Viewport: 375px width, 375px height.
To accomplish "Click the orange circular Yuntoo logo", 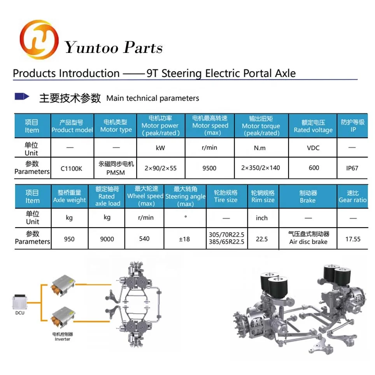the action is [x=39, y=40].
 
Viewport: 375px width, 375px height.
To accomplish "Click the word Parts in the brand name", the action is [x=143, y=47].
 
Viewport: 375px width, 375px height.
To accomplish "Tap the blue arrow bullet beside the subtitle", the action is [x=22, y=96].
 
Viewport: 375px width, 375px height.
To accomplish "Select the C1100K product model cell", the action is [x=71, y=168].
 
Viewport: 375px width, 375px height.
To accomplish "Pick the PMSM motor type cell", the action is [x=116, y=168].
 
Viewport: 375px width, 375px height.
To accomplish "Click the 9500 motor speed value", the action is [x=209, y=168].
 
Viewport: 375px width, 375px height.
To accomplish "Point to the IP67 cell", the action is [x=352, y=168].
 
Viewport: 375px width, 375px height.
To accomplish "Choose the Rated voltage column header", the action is [x=313, y=126].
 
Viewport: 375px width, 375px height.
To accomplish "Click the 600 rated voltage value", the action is [x=314, y=168].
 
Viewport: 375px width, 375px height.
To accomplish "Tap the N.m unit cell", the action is [x=260, y=148].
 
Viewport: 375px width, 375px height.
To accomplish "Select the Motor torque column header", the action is [x=261, y=126].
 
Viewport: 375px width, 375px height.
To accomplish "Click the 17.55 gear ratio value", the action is [x=353, y=239].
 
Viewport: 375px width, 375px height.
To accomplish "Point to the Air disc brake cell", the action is [x=308, y=238].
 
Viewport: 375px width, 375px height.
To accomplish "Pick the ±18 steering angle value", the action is [x=184, y=239].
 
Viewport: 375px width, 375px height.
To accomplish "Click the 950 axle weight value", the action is [x=69, y=239].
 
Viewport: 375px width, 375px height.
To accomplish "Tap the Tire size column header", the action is [x=226, y=196].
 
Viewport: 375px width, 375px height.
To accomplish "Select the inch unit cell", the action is [x=262, y=218].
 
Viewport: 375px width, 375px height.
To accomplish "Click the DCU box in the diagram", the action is [x=19, y=302].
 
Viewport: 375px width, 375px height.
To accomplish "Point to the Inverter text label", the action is [x=62, y=339].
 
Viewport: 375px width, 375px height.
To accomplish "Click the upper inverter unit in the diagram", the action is [x=63, y=286].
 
